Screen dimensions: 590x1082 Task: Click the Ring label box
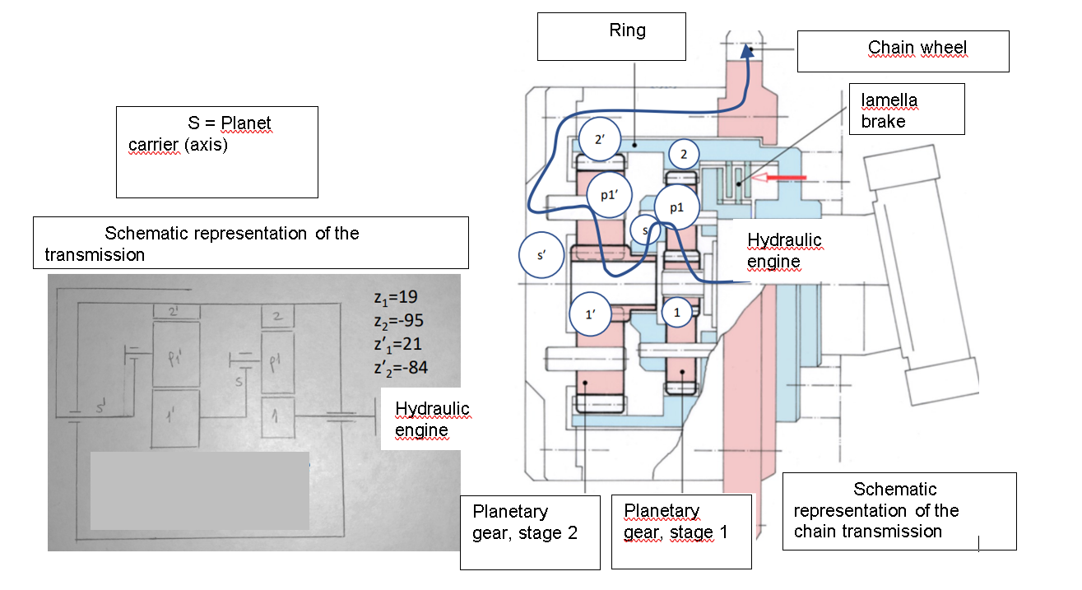click(x=611, y=36)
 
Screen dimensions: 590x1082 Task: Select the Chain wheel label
click(x=903, y=51)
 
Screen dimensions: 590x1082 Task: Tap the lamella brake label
click(x=907, y=109)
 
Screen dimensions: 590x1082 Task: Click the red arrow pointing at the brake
click(x=781, y=176)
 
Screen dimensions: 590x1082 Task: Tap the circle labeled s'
click(x=541, y=255)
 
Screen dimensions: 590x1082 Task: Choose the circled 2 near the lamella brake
click(x=683, y=154)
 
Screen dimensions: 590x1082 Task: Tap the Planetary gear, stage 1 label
click(x=681, y=532)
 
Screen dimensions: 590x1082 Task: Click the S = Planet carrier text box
click(x=216, y=151)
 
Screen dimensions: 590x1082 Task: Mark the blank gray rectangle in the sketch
click(x=199, y=490)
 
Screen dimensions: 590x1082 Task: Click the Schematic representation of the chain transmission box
click(x=899, y=510)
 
